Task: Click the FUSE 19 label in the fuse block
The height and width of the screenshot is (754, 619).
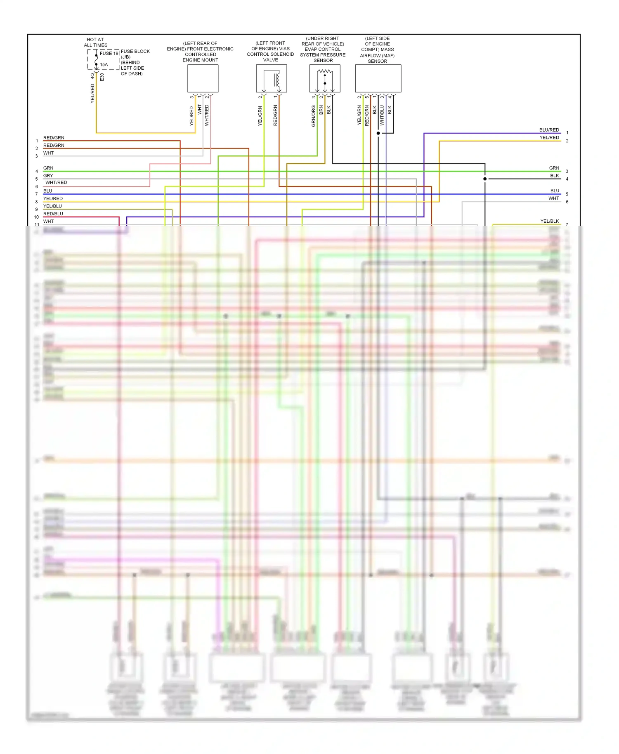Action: click(x=109, y=53)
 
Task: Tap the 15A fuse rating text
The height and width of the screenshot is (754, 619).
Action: click(x=104, y=65)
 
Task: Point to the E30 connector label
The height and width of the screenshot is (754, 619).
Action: click(x=102, y=77)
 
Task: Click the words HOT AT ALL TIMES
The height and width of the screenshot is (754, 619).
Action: click(x=95, y=42)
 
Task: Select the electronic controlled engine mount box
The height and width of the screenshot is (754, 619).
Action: click(x=203, y=78)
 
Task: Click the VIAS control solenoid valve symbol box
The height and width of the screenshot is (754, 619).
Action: click(x=271, y=78)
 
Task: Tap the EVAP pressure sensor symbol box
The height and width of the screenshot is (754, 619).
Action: click(x=325, y=78)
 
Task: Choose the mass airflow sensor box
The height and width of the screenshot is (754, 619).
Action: click(x=378, y=78)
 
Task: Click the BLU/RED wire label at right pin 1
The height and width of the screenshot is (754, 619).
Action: click(x=549, y=130)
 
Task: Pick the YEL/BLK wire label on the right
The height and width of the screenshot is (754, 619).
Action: click(x=549, y=221)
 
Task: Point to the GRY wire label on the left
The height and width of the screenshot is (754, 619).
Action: click(x=48, y=176)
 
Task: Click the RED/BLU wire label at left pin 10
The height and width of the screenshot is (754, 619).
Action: click(x=53, y=214)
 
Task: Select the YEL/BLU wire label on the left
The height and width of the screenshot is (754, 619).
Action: click(x=52, y=206)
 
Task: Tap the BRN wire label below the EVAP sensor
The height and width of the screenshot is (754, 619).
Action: click(x=321, y=110)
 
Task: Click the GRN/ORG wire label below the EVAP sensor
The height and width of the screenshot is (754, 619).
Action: click(x=314, y=116)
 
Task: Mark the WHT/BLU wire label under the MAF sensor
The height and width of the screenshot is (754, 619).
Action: click(x=382, y=115)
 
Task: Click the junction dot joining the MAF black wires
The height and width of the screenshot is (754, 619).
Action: click(x=378, y=133)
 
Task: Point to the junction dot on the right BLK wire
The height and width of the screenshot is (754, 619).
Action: click(x=485, y=179)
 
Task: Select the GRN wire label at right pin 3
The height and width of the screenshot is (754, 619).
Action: click(x=554, y=168)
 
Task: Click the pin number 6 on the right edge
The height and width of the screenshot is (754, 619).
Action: click(x=567, y=202)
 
